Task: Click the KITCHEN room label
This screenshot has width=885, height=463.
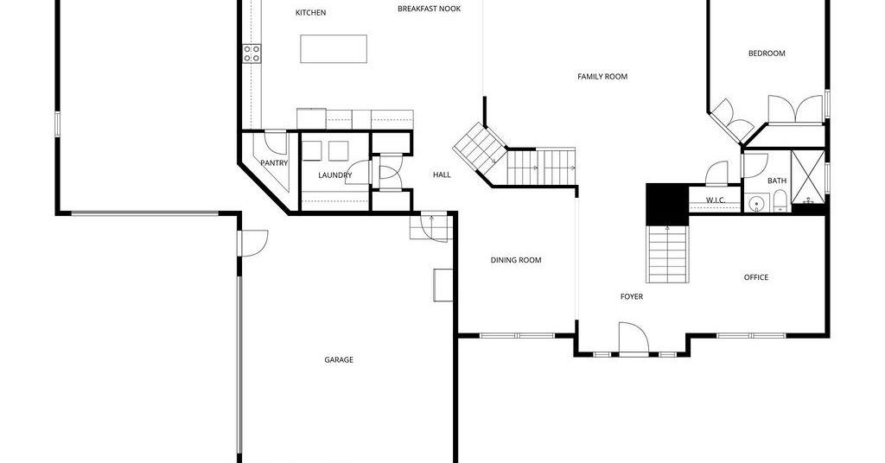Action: click(x=310, y=12)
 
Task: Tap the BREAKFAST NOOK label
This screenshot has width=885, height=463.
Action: click(x=429, y=9)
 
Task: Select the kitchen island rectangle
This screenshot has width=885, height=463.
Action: click(x=334, y=49)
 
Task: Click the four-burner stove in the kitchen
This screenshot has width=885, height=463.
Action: click(x=251, y=54)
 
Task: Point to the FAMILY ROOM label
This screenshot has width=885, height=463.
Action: click(x=602, y=76)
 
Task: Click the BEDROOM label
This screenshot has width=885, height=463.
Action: click(x=767, y=53)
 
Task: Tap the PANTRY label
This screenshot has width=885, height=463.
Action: click(x=274, y=163)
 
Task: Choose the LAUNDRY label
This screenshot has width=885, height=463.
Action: click(x=334, y=174)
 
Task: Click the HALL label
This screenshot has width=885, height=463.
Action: click(x=442, y=174)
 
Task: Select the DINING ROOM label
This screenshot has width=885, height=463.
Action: click(x=516, y=260)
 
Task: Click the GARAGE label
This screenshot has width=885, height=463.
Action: click(x=339, y=359)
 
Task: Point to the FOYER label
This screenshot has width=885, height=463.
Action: click(x=632, y=296)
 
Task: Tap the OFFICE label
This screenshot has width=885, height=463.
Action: click(x=755, y=277)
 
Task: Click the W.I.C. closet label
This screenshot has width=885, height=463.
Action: click(x=715, y=200)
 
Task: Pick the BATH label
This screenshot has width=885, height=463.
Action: click(x=777, y=181)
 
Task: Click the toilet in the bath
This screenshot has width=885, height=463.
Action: click(x=780, y=201)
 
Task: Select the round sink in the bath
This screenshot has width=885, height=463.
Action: click(x=756, y=203)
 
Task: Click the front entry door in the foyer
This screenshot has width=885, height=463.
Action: click(x=634, y=339)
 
